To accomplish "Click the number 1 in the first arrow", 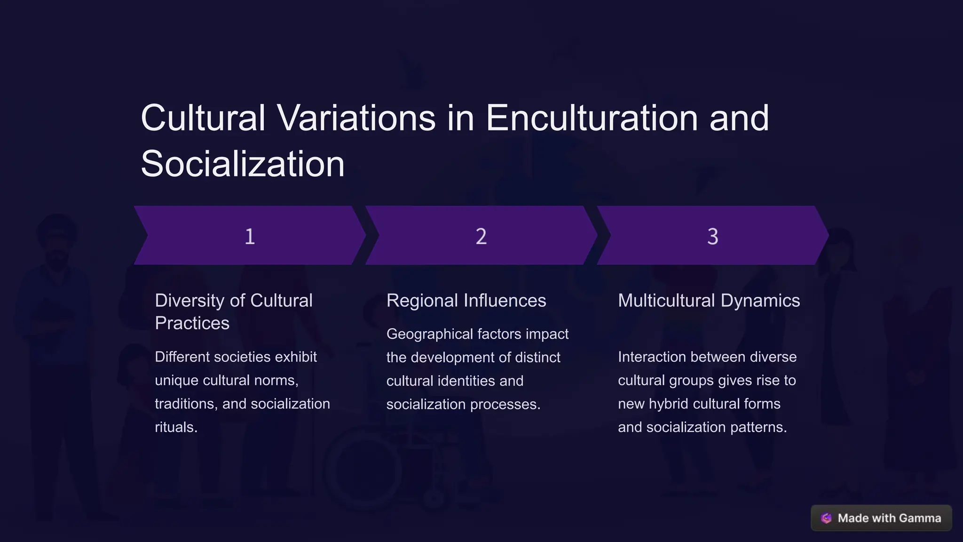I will (x=250, y=236).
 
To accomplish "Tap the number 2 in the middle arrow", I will (x=481, y=236).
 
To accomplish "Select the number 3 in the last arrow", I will (x=712, y=236).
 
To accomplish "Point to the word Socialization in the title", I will (x=243, y=164).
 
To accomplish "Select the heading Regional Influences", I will (x=466, y=301).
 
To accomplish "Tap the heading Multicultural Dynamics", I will (x=709, y=301).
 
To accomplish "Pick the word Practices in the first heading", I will (x=192, y=323).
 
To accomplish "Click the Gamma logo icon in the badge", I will (x=826, y=518).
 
